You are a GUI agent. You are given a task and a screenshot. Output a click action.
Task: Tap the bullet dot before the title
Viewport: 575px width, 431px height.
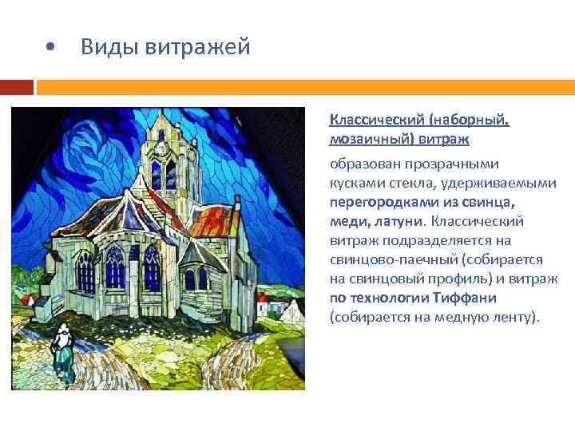(x=50, y=48)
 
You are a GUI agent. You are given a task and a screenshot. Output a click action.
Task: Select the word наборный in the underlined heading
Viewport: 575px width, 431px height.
(x=469, y=120)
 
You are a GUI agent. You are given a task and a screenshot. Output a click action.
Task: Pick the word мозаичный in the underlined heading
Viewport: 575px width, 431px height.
(x=372, y=139)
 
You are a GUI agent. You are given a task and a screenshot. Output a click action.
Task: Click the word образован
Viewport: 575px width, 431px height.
(x=363, y=164)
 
